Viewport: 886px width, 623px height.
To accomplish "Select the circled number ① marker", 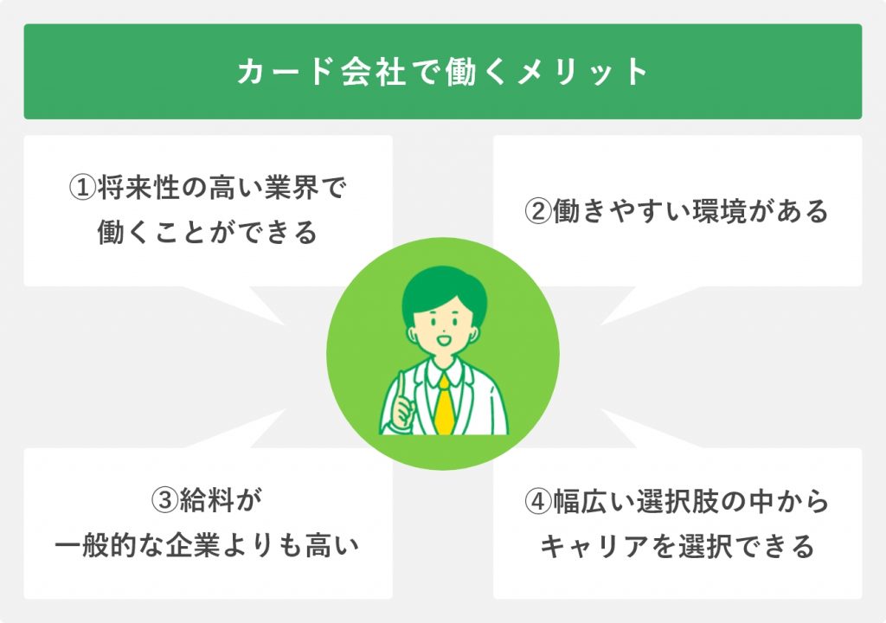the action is (x=82, y=188).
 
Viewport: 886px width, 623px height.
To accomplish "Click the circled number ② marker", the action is (x=538, y=211).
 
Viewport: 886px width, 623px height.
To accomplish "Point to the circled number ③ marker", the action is (x=165, y=500).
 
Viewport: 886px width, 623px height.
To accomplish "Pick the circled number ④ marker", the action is (x=538, y=502).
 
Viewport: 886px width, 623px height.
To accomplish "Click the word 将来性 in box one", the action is (x=139, y=188).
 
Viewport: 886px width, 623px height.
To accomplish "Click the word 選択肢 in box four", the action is (x=677, y=502).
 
